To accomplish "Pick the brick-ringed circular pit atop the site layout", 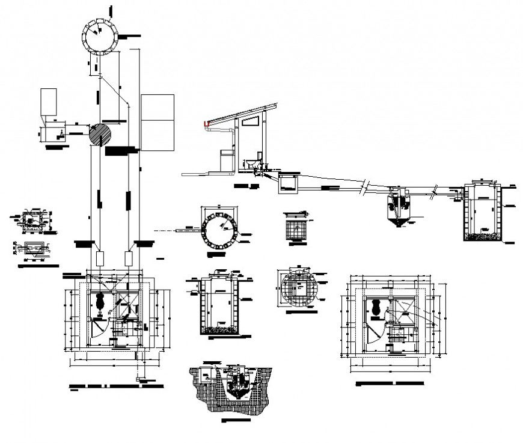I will (x=98, y=36).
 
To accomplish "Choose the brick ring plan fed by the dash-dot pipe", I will (x=220, y=230).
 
